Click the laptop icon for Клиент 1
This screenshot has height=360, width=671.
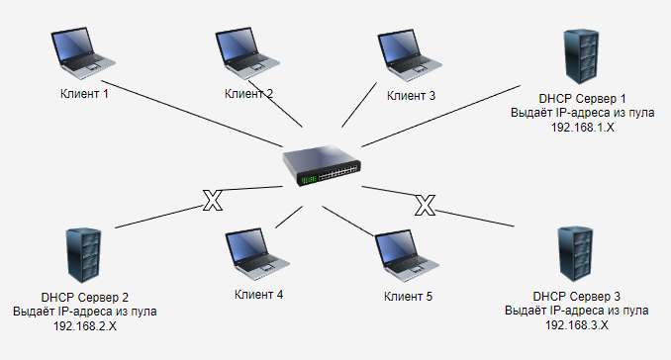click(x=83, y=53)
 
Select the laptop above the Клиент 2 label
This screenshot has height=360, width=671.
click(x=247, y=53)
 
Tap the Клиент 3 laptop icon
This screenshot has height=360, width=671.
click(x=410, y=54)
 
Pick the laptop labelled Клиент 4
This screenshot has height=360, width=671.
click(x=257, y=254)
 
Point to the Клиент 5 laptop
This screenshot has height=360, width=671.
click(x=408, y=256)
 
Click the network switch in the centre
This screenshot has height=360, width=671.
click(x=322, y=165)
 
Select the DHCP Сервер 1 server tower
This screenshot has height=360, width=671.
click(x=581, y=56)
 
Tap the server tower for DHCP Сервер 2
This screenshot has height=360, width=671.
click(x=84, y=255)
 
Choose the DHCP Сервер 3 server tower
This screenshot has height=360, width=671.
click(x=576, y=254)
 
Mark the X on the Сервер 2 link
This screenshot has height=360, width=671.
click(x=213, y=200)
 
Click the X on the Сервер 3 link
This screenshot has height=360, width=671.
click(x=425, y=205)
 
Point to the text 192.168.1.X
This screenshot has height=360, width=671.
click(x=582, y=128)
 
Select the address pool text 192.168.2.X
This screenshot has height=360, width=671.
click(x=85, y=326)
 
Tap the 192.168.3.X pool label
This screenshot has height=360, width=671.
click(x=576, y=325)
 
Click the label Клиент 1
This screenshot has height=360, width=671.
click(x=84, y=94)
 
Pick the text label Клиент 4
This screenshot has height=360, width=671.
click(x=258, y=295)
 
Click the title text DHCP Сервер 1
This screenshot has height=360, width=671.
click(x=582, y=99)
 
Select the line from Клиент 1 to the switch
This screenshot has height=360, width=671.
click(x=192, y=114)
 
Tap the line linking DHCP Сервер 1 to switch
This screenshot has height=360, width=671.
click(x=440, y=117)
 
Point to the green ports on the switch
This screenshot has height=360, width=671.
click(x=310, y=180)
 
